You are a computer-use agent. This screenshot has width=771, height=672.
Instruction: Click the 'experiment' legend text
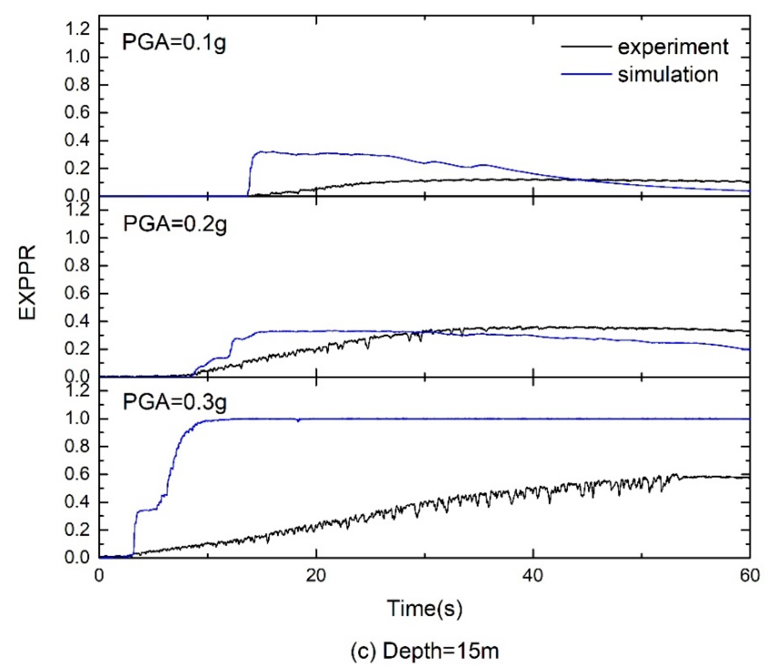673,47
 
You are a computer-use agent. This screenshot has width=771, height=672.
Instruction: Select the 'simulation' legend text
668,74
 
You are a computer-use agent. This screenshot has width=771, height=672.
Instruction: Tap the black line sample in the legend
586,47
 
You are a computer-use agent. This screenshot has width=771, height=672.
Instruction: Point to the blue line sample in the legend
586,74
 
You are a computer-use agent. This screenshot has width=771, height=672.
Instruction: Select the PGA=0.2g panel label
175,224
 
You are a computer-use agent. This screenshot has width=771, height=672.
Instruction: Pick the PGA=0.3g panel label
175,402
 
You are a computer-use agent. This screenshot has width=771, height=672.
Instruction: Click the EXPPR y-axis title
27,282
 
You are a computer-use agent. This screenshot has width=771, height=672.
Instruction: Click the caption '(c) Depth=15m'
425,652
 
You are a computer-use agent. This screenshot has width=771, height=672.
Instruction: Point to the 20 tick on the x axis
316,576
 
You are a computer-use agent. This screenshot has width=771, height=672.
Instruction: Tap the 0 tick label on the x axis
99,576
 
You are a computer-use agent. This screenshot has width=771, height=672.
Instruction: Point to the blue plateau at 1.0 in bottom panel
487,419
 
